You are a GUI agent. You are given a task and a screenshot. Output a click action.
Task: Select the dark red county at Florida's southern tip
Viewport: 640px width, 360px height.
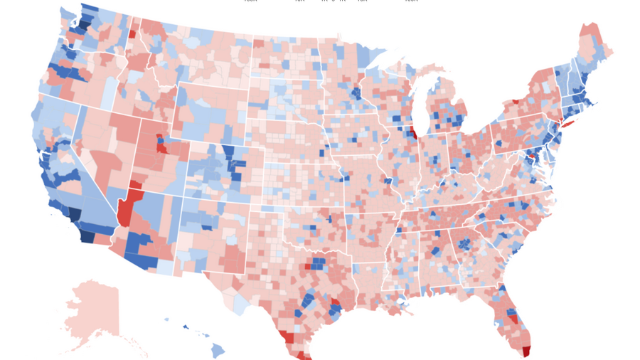(x=526, y=351)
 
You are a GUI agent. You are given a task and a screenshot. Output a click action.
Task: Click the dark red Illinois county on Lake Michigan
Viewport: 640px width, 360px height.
(x=412, y=132)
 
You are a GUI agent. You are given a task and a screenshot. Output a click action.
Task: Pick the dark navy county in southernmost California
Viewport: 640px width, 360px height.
(x=87, y=235)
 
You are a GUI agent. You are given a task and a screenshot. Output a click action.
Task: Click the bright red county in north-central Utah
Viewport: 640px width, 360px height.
(x=162, y=147)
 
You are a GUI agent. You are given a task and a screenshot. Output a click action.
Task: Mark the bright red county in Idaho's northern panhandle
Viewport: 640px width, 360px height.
(x=132, y=33)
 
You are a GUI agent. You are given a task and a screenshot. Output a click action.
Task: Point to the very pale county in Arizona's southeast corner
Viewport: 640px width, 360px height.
(x=165, y=267)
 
